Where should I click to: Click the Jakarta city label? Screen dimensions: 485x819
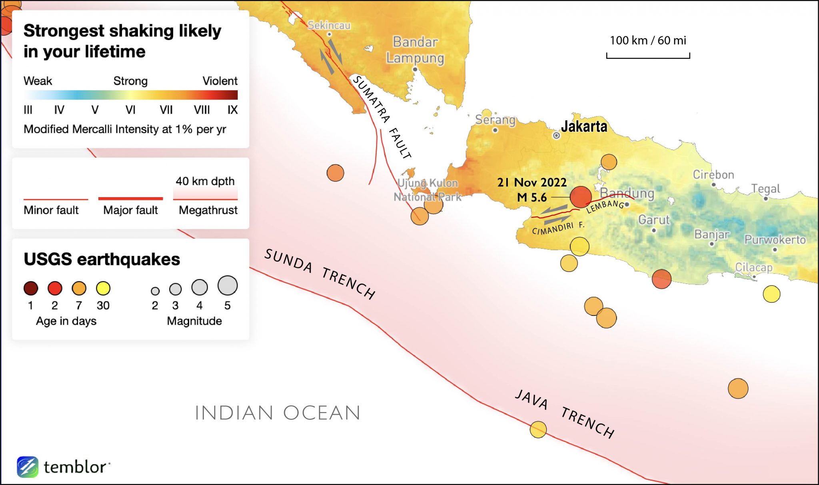tap(583, 126)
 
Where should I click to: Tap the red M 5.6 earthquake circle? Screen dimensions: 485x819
tap(580, 197)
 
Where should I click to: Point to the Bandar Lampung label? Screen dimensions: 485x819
tap(415, 50)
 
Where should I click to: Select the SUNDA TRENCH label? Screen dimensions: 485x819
tap(320, 274)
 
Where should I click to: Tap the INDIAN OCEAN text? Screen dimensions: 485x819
tap(278, 413)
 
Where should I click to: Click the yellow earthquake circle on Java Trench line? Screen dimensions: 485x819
tap(538, 429)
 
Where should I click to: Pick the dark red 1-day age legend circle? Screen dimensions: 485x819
tap(31, 288)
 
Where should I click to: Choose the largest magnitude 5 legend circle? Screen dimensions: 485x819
tap(228, 285)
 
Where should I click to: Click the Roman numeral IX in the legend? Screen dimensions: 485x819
tap(232, 110)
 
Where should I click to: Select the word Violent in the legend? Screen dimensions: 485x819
tap(220, 81)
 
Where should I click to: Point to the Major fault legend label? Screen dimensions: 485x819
tap(130, 210)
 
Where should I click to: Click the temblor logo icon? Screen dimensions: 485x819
tap(28, 467)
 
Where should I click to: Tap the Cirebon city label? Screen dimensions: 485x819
tap(713, 175)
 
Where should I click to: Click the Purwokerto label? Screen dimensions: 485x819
tap(775, 240)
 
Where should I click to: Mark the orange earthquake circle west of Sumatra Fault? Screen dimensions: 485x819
tap(335, 173)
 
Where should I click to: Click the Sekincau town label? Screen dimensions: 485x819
tap(329, 25)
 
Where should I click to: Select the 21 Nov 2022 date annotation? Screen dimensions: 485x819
tap(531, 182)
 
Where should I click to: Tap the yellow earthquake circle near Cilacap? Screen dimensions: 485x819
tap(771, 294)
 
